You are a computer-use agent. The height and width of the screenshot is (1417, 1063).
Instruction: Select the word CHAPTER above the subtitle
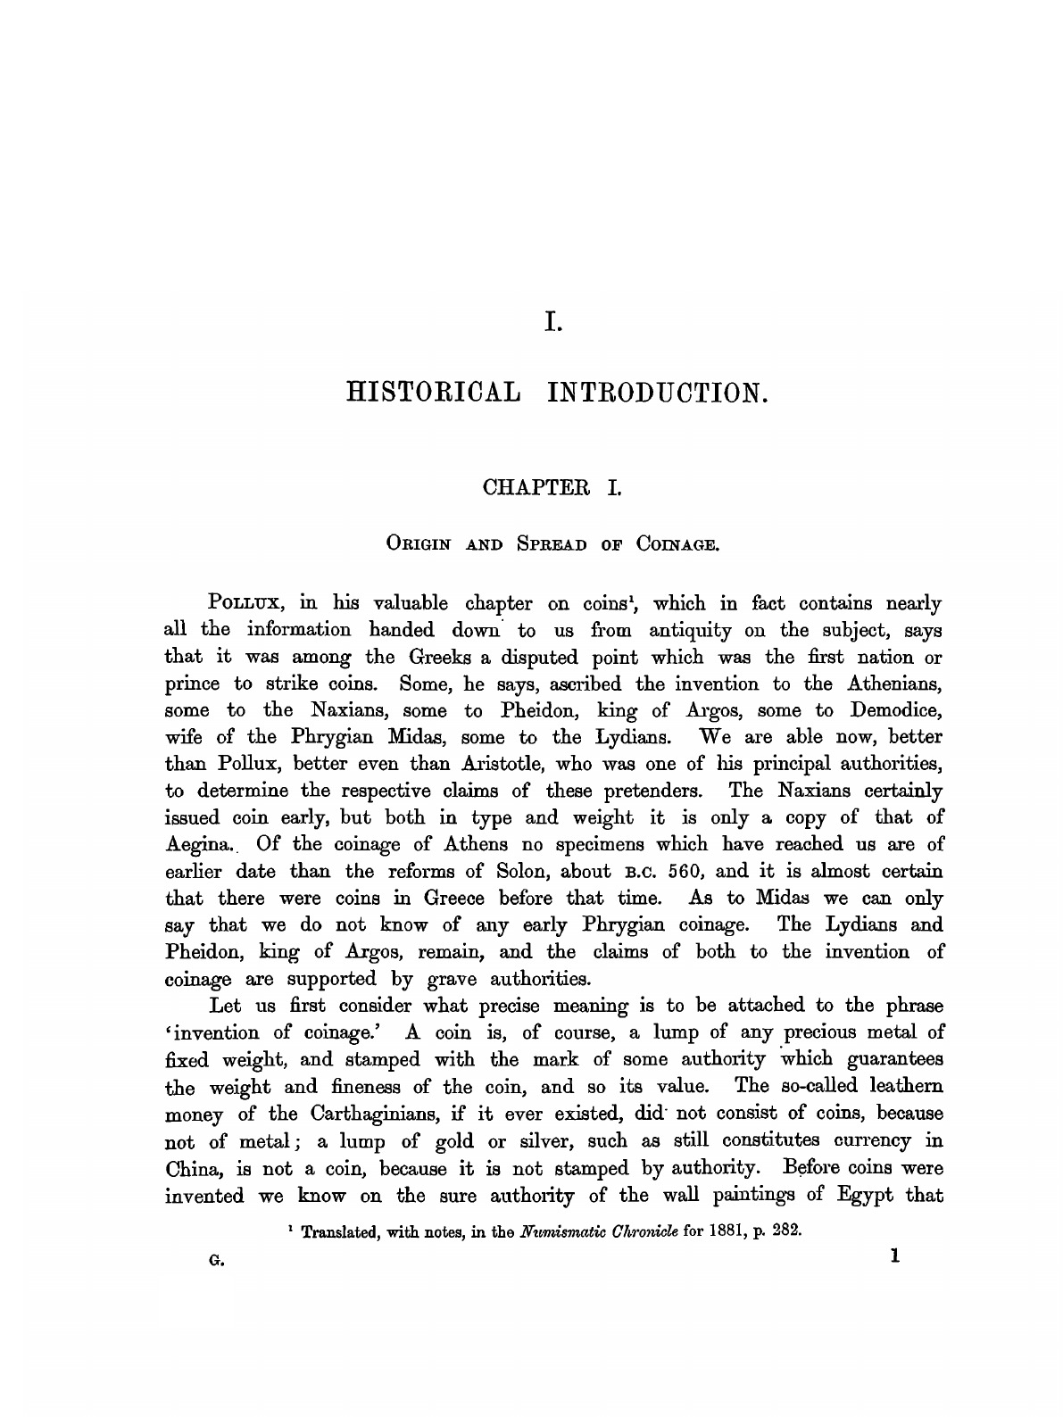tap(527, 488)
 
